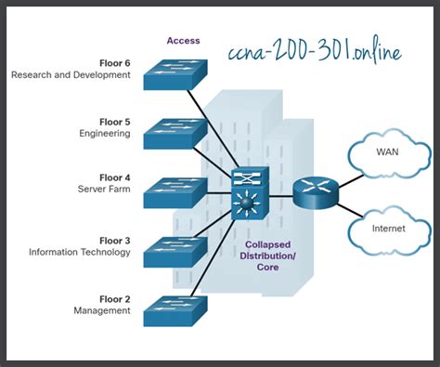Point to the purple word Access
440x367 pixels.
pos(183,41)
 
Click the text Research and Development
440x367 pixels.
pos(71,75)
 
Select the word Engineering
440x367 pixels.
pos(104,134)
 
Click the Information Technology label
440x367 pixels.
pos(79,252)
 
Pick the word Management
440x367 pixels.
pos(102,310)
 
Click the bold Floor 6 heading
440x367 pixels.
pos(115,63)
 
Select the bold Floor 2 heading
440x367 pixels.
pos(115,298)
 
